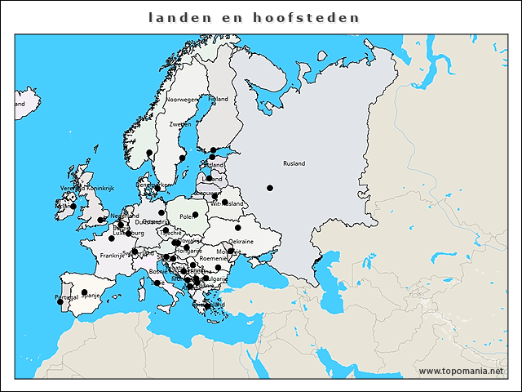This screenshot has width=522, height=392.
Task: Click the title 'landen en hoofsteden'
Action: (254, 17)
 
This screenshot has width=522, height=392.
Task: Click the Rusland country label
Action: (294, 163)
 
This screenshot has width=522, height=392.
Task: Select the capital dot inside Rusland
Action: (270, 188)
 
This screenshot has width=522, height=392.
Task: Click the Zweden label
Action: (179, 124)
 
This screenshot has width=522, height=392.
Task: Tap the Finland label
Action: (218, 99)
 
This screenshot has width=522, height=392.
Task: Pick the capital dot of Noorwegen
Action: (149, 153)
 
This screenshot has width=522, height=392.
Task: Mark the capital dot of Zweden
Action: (183, 158)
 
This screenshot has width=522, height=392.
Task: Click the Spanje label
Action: (90, 296)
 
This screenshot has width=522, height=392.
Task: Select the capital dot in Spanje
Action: (84, 292)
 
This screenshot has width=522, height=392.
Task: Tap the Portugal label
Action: (66, 296)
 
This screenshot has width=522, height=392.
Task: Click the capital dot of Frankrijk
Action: (112, 238)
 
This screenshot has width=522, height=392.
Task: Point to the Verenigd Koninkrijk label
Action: (86, 189)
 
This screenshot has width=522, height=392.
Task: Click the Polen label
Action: (187, 216)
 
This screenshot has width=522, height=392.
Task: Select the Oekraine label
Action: (241, 241)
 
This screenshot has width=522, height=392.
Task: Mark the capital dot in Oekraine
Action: (238, 228)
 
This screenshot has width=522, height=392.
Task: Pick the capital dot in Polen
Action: (196, 215)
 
